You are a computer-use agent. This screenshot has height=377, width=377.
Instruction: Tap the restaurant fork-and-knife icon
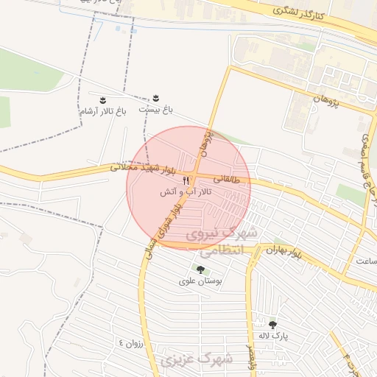(186, 180)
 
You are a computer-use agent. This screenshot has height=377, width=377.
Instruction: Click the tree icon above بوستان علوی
(200, 270)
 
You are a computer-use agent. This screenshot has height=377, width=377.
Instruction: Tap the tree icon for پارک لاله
(273, 324)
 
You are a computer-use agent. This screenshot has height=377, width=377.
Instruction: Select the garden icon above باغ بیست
(155, 98)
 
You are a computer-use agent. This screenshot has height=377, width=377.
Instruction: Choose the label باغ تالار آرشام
(103, 110)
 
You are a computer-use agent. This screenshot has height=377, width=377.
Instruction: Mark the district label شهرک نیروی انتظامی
(219, 242)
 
